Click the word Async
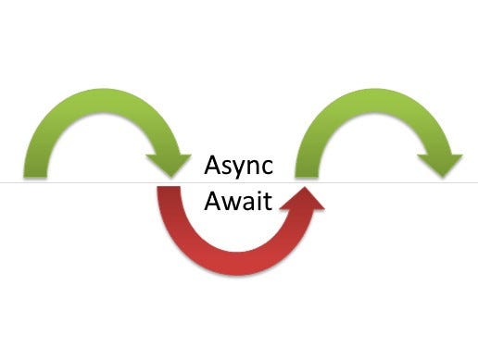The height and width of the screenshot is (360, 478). point(237,169)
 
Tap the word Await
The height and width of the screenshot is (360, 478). point(237,200)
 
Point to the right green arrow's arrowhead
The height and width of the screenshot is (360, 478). point(440,163)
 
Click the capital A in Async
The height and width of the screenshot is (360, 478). point(212,168)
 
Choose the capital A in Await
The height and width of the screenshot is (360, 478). point(212,200)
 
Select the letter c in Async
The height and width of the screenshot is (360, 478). point(267,170)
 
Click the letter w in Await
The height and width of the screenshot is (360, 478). point(231,202)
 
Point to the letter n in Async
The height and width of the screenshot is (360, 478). point(253,170)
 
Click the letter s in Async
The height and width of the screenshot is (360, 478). point(226,170)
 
